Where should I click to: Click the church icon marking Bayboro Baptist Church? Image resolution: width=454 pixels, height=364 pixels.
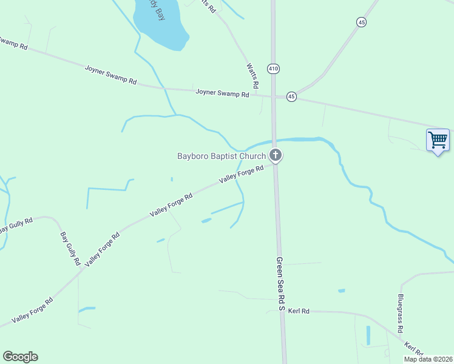point(276,156)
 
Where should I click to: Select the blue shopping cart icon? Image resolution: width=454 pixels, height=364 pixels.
point(438,140)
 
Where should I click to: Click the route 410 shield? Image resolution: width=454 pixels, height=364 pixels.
point(273,69)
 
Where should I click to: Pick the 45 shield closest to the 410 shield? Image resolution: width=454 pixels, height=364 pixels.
point(292,96)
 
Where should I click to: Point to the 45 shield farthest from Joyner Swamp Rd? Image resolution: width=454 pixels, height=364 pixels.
point(362,22)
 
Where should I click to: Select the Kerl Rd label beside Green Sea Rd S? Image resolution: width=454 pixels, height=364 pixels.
point(299,311)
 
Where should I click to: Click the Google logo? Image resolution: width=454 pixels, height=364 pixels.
point(20,357)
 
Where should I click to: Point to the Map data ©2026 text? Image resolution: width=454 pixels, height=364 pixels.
point(429,359)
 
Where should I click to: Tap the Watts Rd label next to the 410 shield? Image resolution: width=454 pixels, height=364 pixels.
point(253,75)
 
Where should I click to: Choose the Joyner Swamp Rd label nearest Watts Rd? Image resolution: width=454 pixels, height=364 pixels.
point(222,93)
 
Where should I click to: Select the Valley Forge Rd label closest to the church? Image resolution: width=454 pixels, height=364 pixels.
point(242,175)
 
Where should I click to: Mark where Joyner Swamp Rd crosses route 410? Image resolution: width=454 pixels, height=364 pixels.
point(274,96)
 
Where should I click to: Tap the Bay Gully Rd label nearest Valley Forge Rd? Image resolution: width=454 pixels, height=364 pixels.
point(70,249)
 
